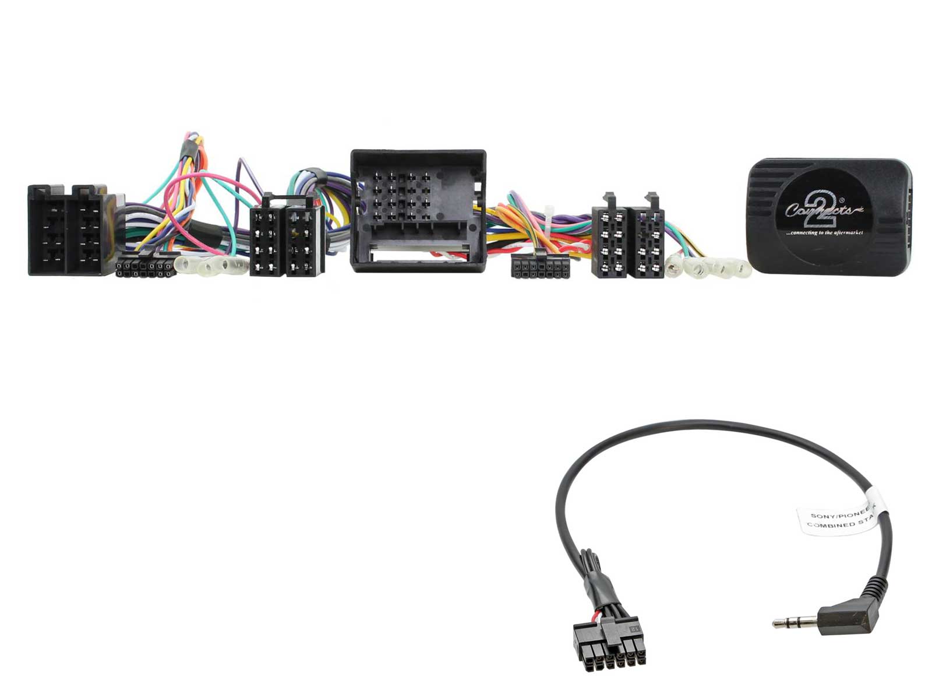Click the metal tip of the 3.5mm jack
tap(783, 623)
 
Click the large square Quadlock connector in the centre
tap(418, 211)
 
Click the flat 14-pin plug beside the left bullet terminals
tap(145, 267)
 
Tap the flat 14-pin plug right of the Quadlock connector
tap(540, 266)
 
